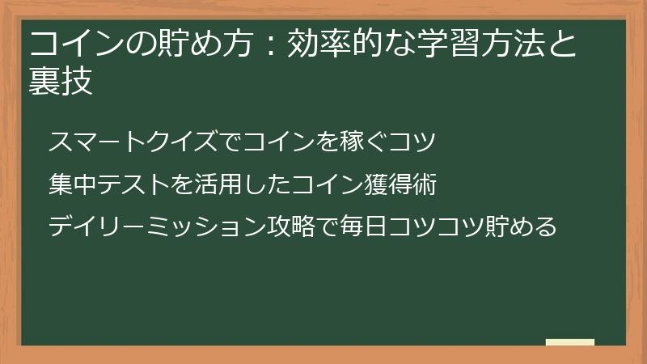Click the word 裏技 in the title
point(61,81)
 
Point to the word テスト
point(133,185)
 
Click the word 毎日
point(365,226)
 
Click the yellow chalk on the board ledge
point(570,342)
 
